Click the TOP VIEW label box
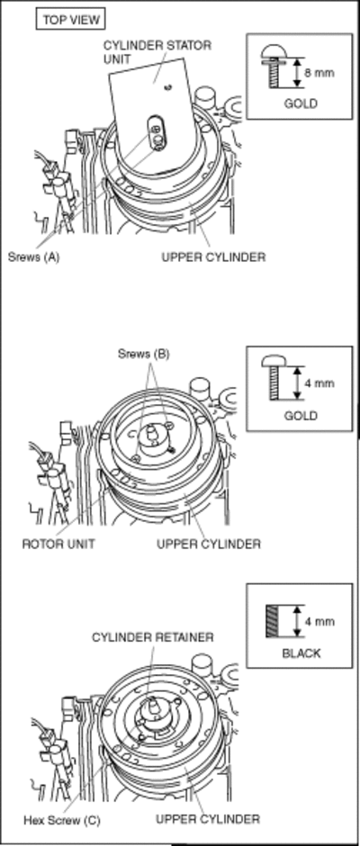point(69,20)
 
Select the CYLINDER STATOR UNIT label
point(157,52)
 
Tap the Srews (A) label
point(33,256)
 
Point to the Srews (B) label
point(144,354)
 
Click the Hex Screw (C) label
point(61,821)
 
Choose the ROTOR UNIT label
point(58,544)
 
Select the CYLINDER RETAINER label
point(153,637)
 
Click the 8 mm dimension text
point(319,72)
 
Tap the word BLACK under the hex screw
point(301,653)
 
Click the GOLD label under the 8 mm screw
point(301,103)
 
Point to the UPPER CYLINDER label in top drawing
point(213,256)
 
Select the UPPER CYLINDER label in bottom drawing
point(208,819)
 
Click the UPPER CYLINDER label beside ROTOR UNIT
point(209,544)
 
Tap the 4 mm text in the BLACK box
point(319,621)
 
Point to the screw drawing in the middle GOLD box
point(275,378)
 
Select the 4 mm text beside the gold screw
point(319,383)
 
